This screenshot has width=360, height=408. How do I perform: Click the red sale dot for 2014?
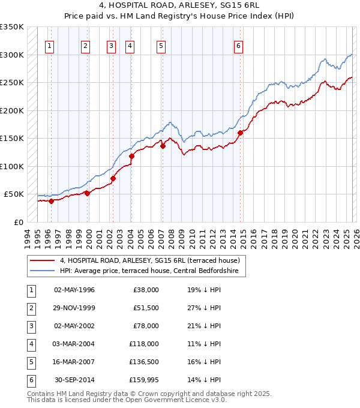coord(240,133)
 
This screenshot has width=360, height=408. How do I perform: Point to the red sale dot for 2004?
coord(131,156)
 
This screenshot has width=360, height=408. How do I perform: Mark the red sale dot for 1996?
coord(51,201)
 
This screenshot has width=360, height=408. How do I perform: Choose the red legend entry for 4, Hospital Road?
coord(149,260)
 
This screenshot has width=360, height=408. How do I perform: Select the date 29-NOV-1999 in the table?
coord(74,308)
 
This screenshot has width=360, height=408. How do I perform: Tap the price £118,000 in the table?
coord(145,344)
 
